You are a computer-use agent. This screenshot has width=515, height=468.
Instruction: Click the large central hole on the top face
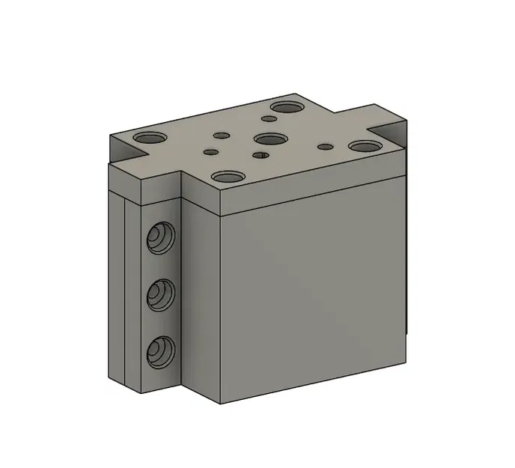pyautogui.click(x=270, y=139)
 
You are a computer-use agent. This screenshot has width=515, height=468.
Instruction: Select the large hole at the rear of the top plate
pyautogui.click(x=286, y=107)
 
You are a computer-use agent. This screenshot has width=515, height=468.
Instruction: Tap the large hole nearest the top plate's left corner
pyautogui.click(x=151, y=139)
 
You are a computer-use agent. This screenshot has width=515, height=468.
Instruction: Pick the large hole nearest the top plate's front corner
pyautogui.click(x=228, y=177)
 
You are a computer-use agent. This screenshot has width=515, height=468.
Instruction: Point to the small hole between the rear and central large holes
pyautogui.click(x=269, y=118)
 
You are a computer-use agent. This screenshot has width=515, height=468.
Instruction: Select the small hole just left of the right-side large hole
pyautogui.click(x=325, y=145)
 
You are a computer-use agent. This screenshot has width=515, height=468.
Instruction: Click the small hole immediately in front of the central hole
pyautogui.click(x=260, y=155)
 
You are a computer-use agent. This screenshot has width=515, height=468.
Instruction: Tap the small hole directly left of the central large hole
pyautogui.click(x=221, y=136)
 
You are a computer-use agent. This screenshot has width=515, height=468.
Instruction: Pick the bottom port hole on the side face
pyautogui.click(x=159, y=350)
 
